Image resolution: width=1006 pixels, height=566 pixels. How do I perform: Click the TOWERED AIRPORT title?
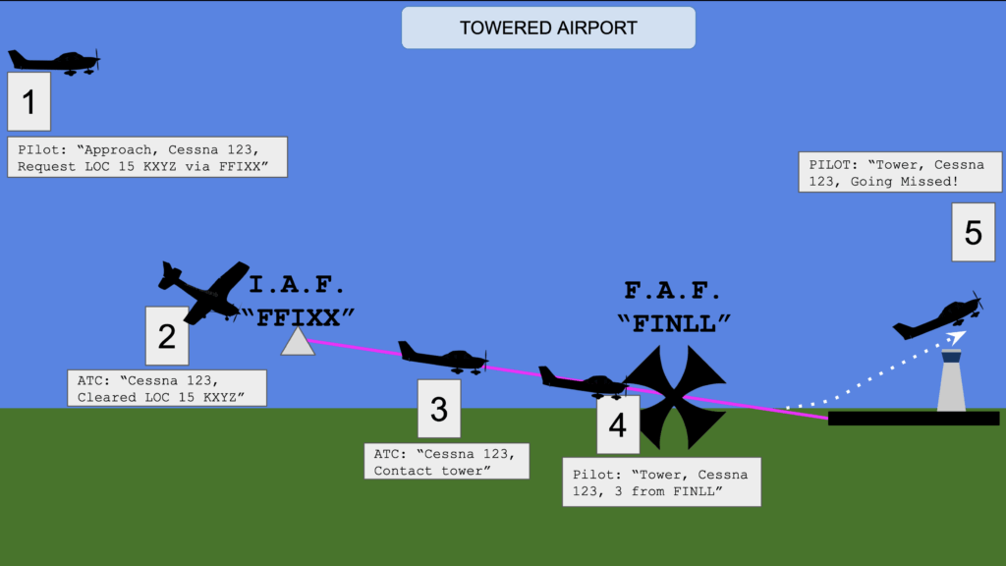(548, 28)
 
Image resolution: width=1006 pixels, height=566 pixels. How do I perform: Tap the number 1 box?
(28, 101)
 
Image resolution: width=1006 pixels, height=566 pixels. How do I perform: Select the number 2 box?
(167, 336)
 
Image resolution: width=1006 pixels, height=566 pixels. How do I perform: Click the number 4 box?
(617, 424)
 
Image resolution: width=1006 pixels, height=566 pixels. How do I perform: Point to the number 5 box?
(973, 232)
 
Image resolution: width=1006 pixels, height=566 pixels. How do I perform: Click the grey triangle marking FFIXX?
(298, 342)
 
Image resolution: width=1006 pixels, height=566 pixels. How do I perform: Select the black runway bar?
(913, 419)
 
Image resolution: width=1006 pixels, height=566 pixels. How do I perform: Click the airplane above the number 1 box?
(55, 61)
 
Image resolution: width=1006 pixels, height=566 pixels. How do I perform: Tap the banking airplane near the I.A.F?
(203, 291)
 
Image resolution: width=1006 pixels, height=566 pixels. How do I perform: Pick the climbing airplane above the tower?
(939, 317)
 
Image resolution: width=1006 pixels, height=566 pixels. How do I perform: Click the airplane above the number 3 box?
(443, 357)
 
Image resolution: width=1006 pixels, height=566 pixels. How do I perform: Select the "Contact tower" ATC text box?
(447, 461)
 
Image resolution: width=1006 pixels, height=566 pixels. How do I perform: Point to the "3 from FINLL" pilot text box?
(661, 481)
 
